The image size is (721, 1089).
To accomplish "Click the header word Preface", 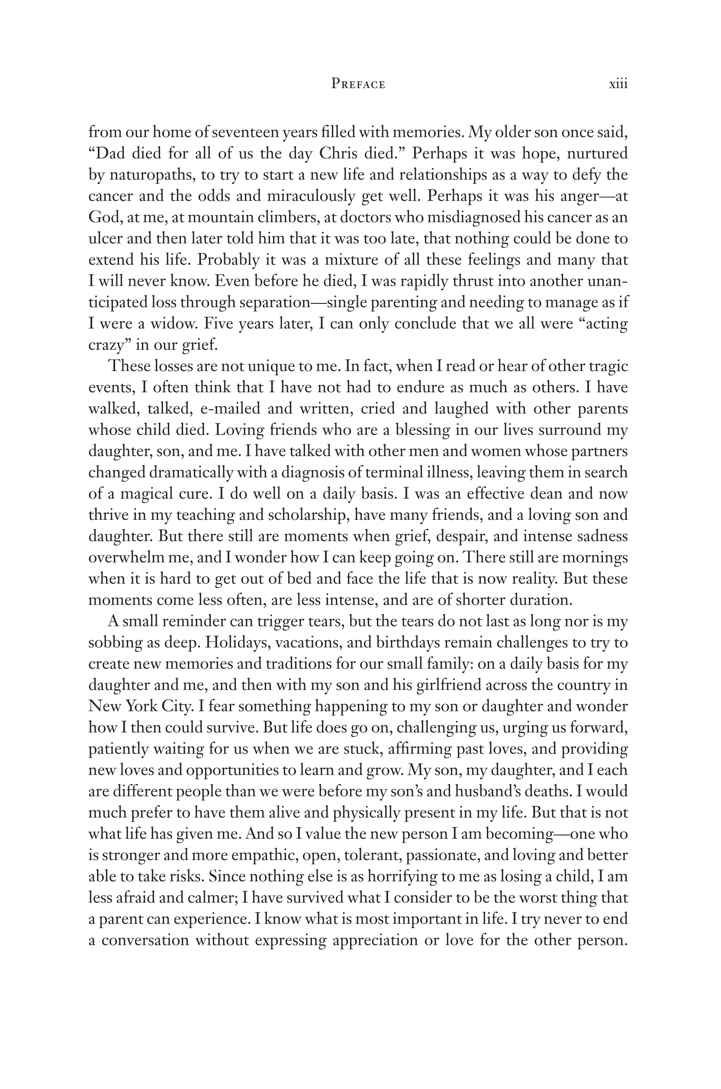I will (x=358, y=84).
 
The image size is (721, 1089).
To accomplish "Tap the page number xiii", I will (x=618, y=84).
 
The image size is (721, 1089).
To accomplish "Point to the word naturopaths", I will (x=149, y=175).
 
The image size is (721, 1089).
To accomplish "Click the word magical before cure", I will (x=146, y=494).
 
